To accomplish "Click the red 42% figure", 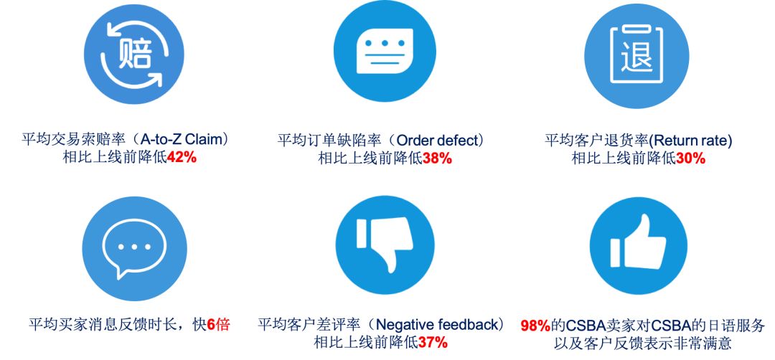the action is click(182, 158).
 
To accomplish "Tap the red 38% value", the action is click(437, 158).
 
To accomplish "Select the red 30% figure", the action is click(690, 158).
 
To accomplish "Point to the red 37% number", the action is click(433, 342).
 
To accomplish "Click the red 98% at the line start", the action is click(535, 326).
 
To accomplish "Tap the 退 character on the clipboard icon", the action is click(637, 56).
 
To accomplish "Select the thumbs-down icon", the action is click(385, 243).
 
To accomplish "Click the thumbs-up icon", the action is click(638, 242).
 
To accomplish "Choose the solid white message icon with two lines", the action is click(385, 52).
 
